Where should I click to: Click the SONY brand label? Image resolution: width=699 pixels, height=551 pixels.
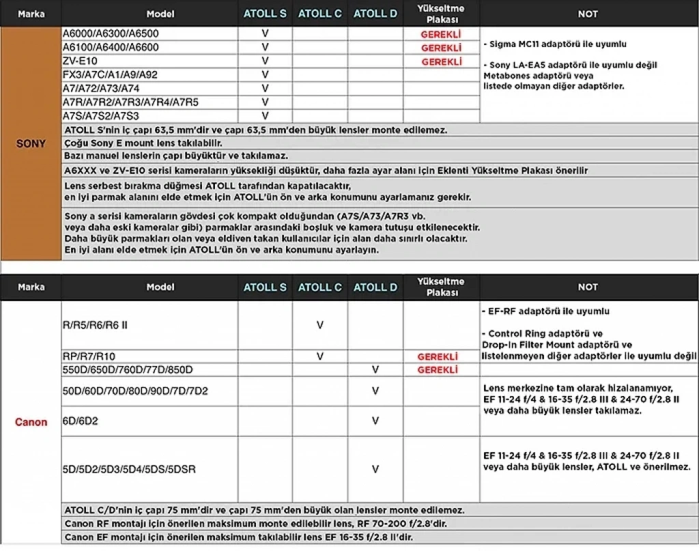pos(31,144)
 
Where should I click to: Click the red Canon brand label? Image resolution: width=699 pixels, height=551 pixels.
pos(31,422)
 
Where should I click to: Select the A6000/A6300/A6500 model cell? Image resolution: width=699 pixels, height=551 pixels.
pos(111,33)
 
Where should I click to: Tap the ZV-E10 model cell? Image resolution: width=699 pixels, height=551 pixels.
pos(80,61)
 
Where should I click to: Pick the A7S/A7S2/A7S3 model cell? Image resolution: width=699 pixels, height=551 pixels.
pos(101,116)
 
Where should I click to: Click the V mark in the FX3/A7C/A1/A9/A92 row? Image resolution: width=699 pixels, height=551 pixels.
pos(266,74)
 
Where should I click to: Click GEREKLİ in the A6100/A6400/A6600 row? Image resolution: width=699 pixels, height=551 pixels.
pos(441,48)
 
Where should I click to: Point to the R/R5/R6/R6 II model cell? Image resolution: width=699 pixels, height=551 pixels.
pos(95,325)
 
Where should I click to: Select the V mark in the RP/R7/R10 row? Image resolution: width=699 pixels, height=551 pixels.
pos(320,356)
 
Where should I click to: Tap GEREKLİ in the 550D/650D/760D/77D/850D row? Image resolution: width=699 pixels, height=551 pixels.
pos(441,370)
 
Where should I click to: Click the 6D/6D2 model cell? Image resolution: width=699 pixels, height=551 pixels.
pos(80,421)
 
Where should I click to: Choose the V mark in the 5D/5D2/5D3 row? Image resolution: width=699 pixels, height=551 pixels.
pos(375,469)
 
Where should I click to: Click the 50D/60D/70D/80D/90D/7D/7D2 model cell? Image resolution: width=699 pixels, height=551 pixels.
pos(135,391)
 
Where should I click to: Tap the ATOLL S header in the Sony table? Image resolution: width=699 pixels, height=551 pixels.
pos(265,14)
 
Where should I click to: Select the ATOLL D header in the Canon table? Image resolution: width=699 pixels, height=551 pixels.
pos(375,287)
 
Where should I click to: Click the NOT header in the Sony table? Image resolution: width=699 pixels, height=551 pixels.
pos(588,14)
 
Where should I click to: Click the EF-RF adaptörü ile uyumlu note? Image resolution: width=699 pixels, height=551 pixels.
pos(545,311)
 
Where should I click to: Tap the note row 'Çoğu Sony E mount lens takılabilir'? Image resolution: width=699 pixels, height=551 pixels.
pos(143,143)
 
